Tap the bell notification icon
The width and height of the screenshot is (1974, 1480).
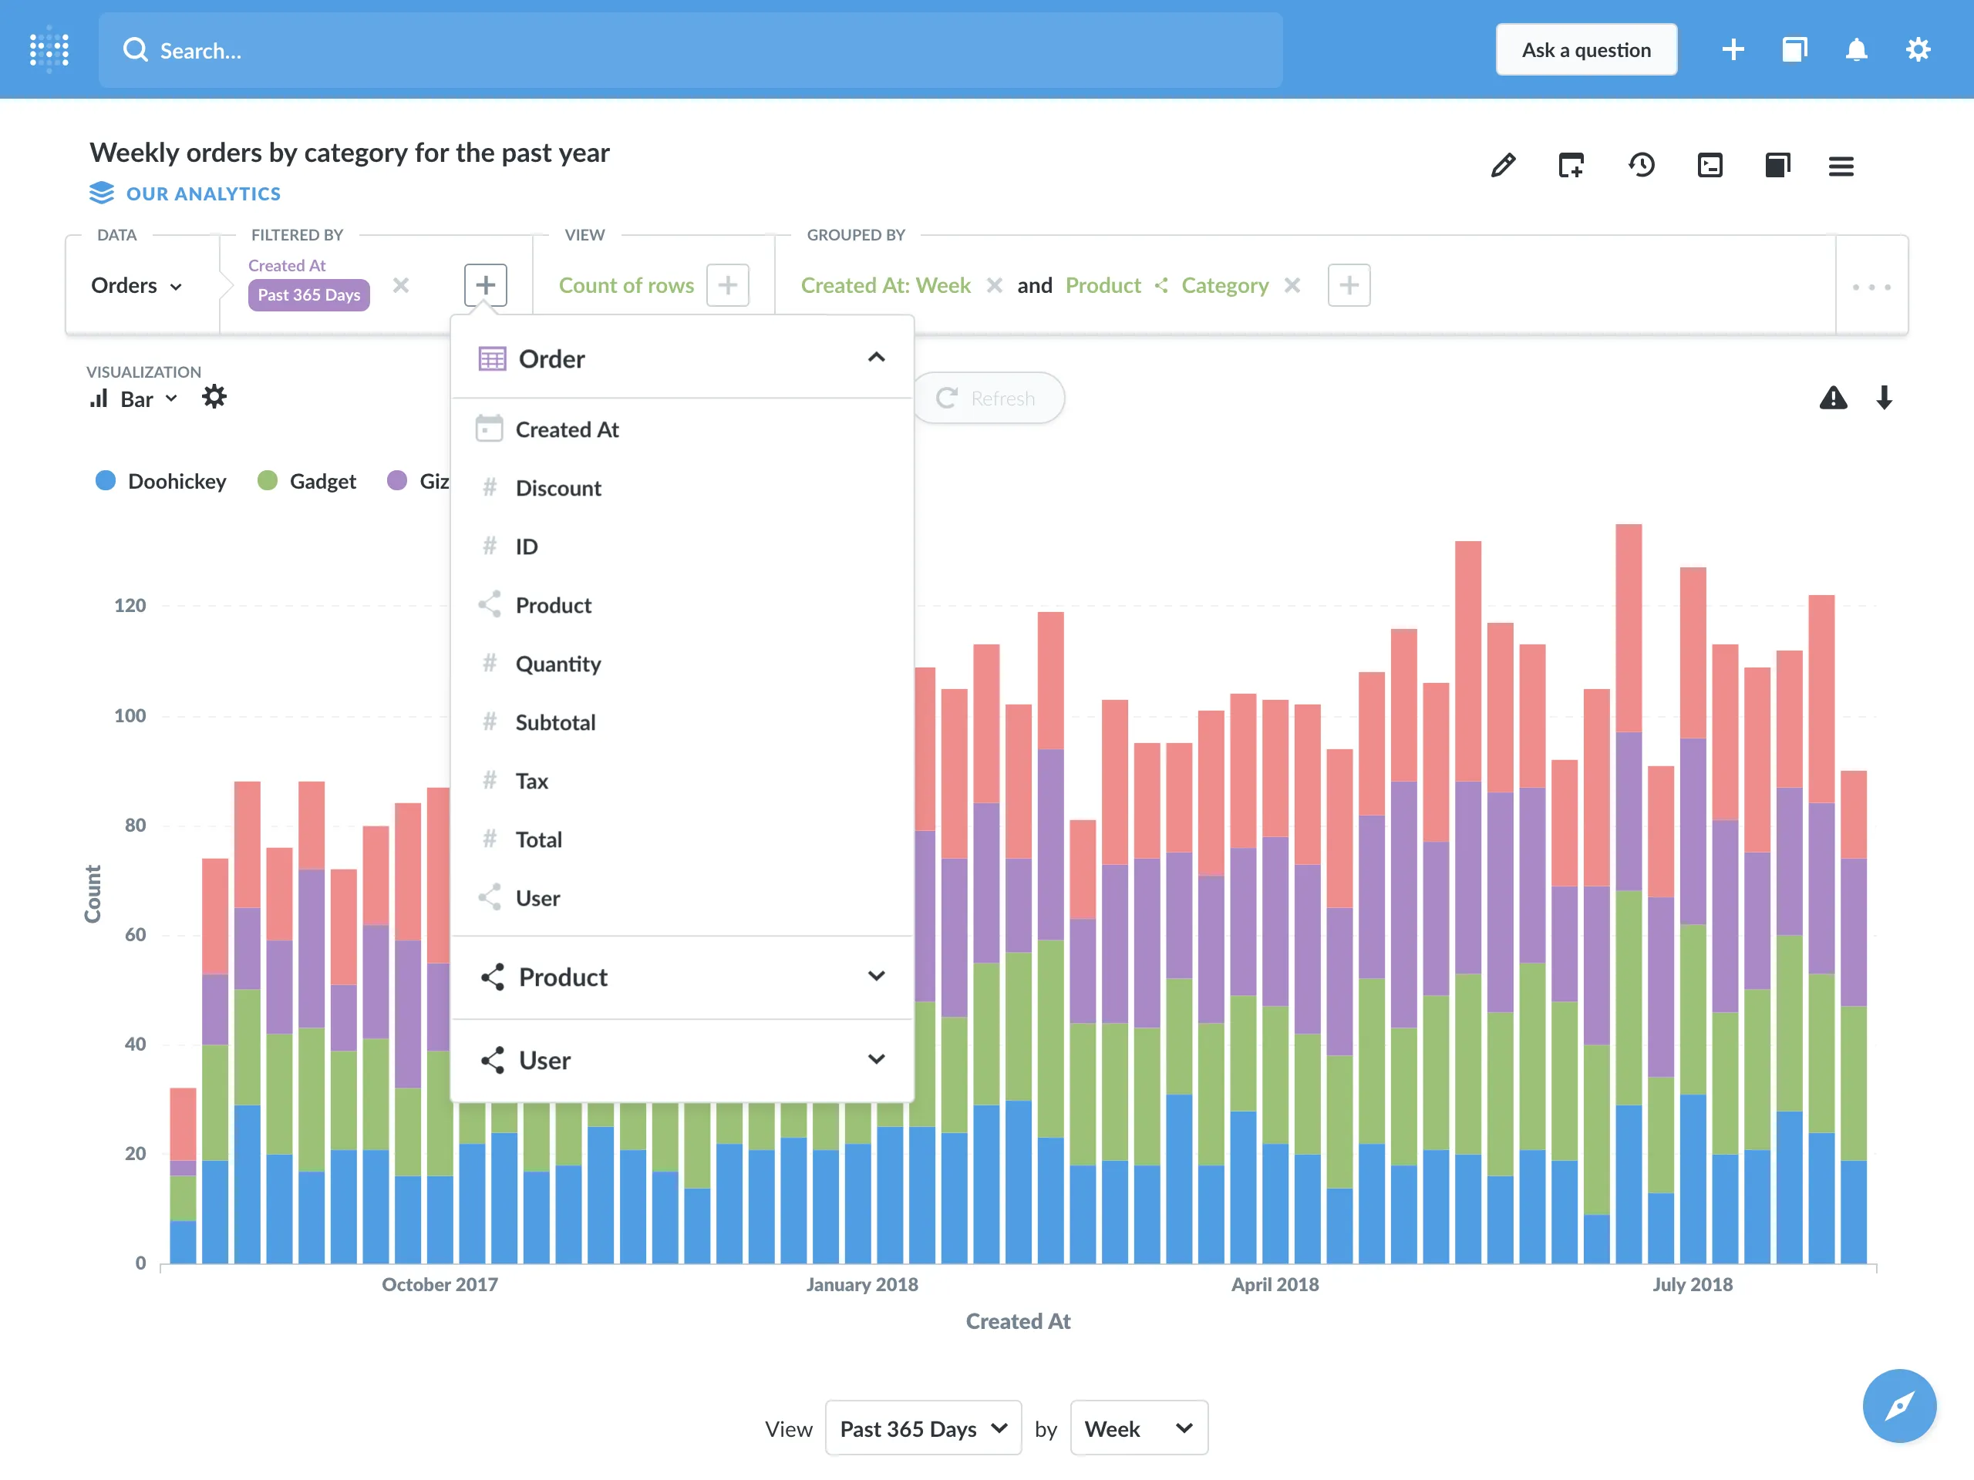[1855, 50]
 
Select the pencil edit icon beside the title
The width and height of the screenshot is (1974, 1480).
[1503, 165]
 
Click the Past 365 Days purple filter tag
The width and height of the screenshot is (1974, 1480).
[308, 294]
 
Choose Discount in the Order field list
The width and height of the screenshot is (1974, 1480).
[558, 488]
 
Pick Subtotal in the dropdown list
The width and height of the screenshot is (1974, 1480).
[555, 722]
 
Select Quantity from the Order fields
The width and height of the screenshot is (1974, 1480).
[558, 664]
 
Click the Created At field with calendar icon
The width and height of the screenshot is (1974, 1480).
[567, 430]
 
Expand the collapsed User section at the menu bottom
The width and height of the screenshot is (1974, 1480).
[682, 1060]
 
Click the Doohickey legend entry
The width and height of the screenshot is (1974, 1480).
[161, 482]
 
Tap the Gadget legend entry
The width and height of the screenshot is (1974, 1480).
[307, 482]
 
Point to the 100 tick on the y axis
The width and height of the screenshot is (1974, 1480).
[130, 715]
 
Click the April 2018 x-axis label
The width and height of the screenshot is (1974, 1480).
[1275, 1285]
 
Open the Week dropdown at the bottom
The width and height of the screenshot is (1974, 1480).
[1138, 1428]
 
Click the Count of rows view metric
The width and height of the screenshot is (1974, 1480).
[625, 285]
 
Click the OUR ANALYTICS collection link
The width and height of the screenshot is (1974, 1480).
[203, 193]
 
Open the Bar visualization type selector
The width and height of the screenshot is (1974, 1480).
[135, 399]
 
